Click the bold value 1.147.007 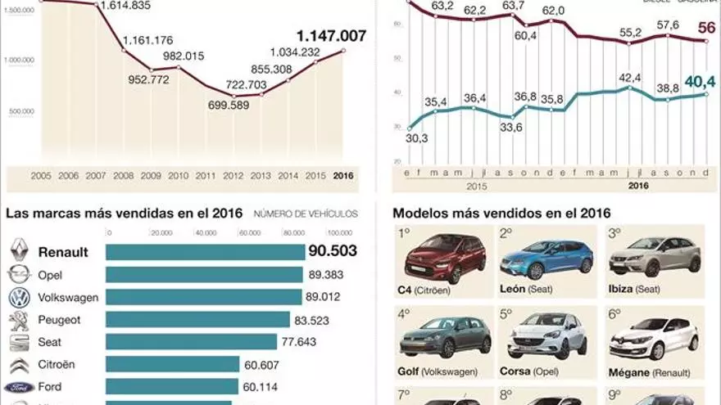coord(331,36)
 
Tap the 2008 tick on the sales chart coord(125,175)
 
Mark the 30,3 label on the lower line coord(416,138)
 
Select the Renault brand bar coord(205,252)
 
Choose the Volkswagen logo coord(20,298)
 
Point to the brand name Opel coord(50,276)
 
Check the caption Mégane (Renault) coord(653,371)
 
